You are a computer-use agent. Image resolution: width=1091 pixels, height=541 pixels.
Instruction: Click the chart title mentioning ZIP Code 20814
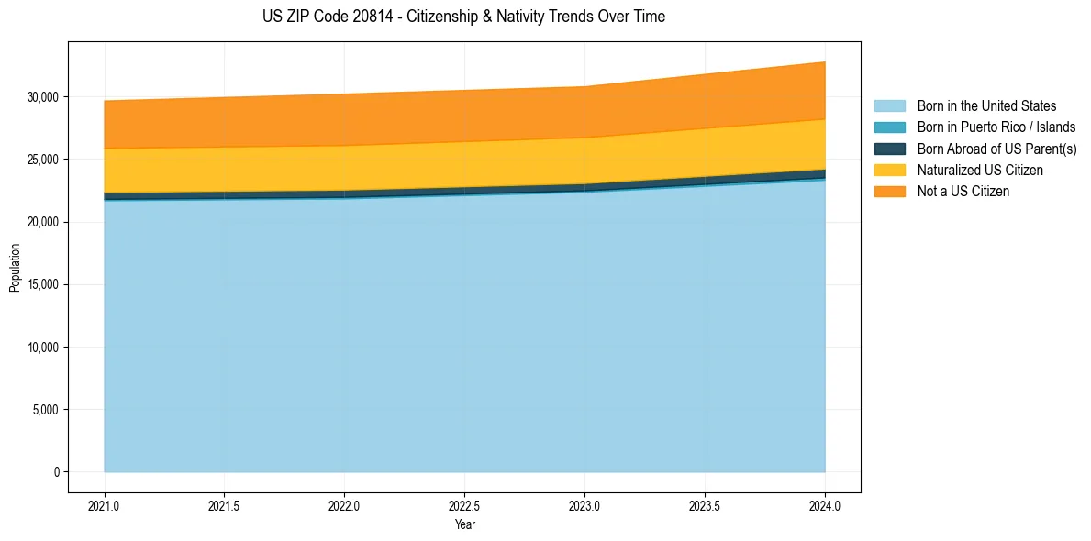(463, 17)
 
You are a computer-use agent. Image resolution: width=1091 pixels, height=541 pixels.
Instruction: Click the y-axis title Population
(15, 268)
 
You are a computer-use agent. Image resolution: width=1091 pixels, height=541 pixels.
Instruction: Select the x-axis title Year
(464, 524)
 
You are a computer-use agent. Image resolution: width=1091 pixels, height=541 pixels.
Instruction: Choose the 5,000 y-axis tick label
(45, 410)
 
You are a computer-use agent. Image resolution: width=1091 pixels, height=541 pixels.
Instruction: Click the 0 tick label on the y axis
(56, 472)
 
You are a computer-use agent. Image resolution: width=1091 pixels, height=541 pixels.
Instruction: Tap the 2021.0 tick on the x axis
(105, 505)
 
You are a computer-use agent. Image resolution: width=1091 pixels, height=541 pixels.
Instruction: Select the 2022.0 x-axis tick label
(344, 505)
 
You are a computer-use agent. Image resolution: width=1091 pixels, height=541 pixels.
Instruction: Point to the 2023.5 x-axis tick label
(705, 505)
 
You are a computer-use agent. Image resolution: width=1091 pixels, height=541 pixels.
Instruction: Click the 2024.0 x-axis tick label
(825, 505)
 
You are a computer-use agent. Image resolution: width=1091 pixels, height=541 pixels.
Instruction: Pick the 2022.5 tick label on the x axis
(464, 505)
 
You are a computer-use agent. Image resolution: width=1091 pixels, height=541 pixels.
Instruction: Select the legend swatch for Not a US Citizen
(889, 192)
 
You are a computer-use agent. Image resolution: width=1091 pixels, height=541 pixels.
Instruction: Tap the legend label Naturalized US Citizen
(980, 171)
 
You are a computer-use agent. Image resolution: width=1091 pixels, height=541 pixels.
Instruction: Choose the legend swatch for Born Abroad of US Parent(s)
(889, 149)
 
